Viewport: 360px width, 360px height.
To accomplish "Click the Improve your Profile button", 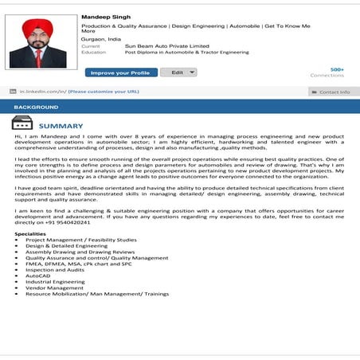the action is pos(121,72).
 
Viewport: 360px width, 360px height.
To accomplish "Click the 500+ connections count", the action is pos(337,69).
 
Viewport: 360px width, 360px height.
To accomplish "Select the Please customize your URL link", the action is pos(104,92).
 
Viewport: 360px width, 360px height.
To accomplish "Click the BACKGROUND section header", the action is pos(36,107).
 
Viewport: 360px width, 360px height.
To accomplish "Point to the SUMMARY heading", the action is pos(61,126).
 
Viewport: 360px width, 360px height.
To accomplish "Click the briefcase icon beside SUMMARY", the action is pos(22,124).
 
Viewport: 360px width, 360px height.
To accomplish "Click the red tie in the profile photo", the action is pos(37,58).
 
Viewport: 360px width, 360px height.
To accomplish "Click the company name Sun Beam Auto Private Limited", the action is pos(166,46).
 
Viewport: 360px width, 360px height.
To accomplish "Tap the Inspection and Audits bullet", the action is pos(57,269).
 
